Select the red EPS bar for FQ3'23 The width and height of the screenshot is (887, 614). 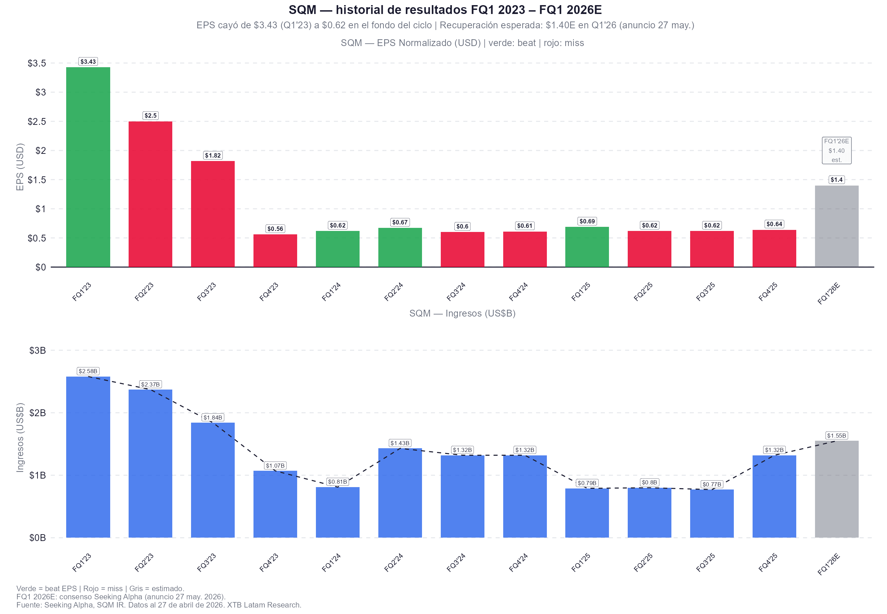pyautogui.click(x=213, y=214)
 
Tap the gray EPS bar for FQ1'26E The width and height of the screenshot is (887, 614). pyautogui.click(x=836, y=226)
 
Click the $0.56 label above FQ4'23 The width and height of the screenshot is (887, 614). pyautogui.click(x=275, y=229)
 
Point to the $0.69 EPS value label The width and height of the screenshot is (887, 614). pyautogui.click(x=587, y=221)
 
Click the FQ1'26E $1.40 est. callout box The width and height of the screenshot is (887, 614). pyautogui.click(x=836, y=150)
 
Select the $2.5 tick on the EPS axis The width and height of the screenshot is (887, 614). pyautogui.click(x=37, y=121)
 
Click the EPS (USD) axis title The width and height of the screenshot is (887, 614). pyautogui.click(x=20, y=166)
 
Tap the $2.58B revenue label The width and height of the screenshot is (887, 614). pyautogui.click(x=88, y=371)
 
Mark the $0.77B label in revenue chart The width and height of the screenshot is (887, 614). pyautogui.click(x=712, y=484)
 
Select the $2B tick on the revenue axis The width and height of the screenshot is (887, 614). pyautogui.click(x=37, y=413)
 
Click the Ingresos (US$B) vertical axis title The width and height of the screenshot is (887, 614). pyautogui.click(x=20, y=437)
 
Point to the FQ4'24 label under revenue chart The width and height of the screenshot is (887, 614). pyautogui.click(x=518, y=562)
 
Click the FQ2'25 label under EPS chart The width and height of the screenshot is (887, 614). pyautogui.click(x=643, y=292)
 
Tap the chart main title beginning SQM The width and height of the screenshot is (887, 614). pyautogui.click(x=445, y=10)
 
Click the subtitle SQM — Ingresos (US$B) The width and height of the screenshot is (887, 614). pyautogui.click(x=462, y=313)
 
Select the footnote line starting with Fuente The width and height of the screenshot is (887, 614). pyautogui.click(x=159, y=605)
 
